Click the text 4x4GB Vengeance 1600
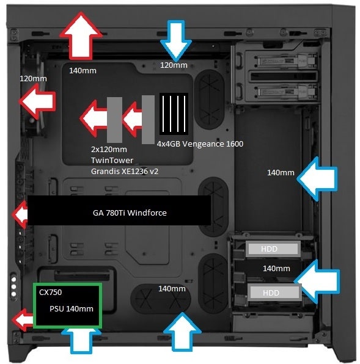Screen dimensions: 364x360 click(200, 144)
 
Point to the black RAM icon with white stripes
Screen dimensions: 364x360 click(172, 114)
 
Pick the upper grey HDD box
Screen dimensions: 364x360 click(273, 248)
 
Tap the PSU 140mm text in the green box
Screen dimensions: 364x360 click(72, 308)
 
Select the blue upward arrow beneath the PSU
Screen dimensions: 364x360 click(81, 340)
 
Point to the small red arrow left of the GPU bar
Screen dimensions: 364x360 click(20, 214)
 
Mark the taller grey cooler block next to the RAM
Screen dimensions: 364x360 click(147, 120)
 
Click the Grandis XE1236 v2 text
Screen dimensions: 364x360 click(124, 172)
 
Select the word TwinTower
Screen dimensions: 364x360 click(108, 160)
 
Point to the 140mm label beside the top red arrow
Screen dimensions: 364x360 click(83, 71)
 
